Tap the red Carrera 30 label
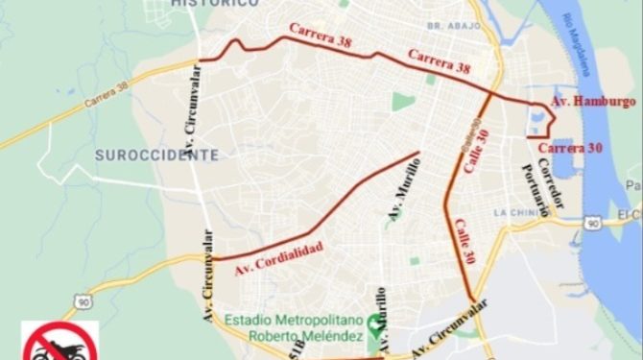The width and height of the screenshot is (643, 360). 570,147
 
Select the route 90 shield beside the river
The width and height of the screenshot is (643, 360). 593,223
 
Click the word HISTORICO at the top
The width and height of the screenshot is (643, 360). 215,4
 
